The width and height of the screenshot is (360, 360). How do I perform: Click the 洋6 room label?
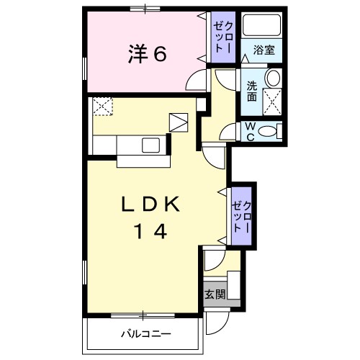coord(148,54)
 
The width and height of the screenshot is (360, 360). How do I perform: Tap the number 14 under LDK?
coord(150,232)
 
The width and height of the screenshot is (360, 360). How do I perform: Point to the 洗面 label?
coord(252,91)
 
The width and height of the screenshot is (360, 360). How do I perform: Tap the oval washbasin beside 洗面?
coord(273,78)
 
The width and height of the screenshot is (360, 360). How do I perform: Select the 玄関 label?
coord(214,294)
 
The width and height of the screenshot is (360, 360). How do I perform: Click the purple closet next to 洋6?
coord(220,36)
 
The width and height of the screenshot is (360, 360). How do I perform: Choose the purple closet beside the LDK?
coord(240,216)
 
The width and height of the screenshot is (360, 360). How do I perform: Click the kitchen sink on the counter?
coord(152,145)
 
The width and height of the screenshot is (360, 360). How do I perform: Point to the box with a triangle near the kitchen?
coord(178,122)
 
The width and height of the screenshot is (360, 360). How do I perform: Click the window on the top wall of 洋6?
coord(143,9)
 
